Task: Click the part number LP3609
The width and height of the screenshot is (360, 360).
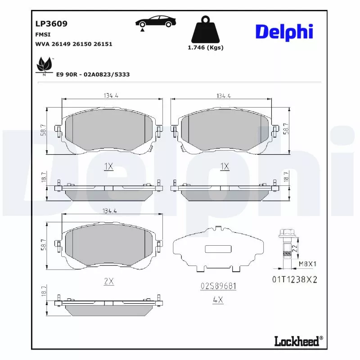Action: pyautogui.click(x=51, y=24)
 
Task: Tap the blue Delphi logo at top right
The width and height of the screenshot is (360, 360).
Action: pyautogui.click(x=284, y=32)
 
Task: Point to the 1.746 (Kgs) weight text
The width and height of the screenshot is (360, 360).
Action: pyautogui.click(x=205, y=48)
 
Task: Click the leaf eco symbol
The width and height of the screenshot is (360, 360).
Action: pyautogui.click(x=44, y=66)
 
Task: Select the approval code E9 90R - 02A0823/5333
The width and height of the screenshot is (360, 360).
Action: pyautogui.click(x=93, y=74)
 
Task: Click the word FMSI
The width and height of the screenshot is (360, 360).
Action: pyautogui.click(x=43, y=34)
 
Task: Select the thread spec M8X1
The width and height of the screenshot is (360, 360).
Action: pyautogui.click(x=308, y=264)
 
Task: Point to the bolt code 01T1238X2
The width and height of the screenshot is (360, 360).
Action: pyautogui.click(x=294, y=279)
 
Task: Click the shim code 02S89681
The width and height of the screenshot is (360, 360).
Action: pyautogui.click(x=218, y=286)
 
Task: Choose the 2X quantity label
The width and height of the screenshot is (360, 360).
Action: pyautogui.click(x=108, y=281)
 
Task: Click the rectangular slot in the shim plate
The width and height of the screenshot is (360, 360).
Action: pyautogui.click(x=217, y=249)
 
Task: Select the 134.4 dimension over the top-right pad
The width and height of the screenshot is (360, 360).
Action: pyautogui.click(x=223, y=96)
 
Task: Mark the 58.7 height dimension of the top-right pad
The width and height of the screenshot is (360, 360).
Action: pyautogui.click(x=286, y=130)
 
